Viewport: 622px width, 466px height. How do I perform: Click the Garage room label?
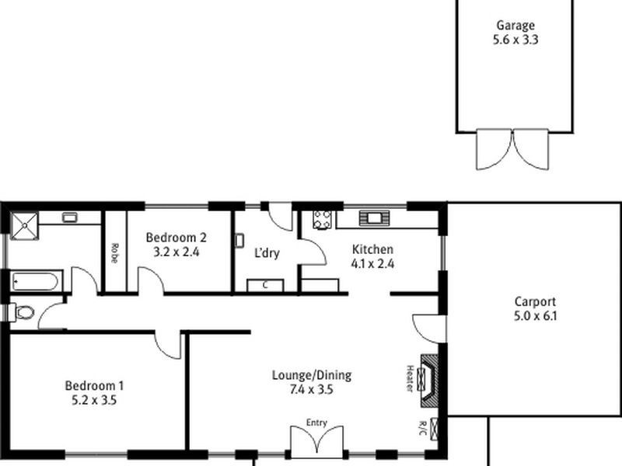click(514, 25)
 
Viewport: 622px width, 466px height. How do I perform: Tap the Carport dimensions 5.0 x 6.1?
click(536, 316)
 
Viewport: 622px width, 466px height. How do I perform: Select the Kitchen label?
click(372, 249)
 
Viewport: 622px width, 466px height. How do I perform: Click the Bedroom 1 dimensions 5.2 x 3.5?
click(95, 401)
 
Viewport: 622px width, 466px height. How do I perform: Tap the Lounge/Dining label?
click(311, 375)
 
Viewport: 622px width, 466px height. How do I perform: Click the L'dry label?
click(267, 252)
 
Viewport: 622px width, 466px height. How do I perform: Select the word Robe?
click(114, 252)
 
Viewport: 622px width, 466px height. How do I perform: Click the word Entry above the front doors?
click(316, 423)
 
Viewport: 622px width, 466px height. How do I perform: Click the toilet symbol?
click(24, 313)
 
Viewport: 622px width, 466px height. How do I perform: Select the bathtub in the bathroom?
click(34, 280)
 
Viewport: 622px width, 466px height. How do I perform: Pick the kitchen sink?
click(372, 218)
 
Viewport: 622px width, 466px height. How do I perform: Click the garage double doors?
click(512, 149)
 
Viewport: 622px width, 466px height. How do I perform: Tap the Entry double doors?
click(316, 442)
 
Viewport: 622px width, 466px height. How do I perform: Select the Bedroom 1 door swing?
click(168, 344)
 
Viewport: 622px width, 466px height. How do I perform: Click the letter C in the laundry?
click(265, 285)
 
